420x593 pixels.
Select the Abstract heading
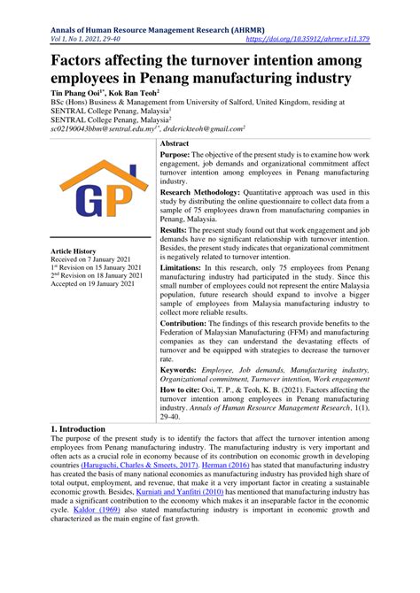[x=175, y=142]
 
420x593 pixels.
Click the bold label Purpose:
[x=180, y=155]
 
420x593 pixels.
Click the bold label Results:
[x=178, y=229]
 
